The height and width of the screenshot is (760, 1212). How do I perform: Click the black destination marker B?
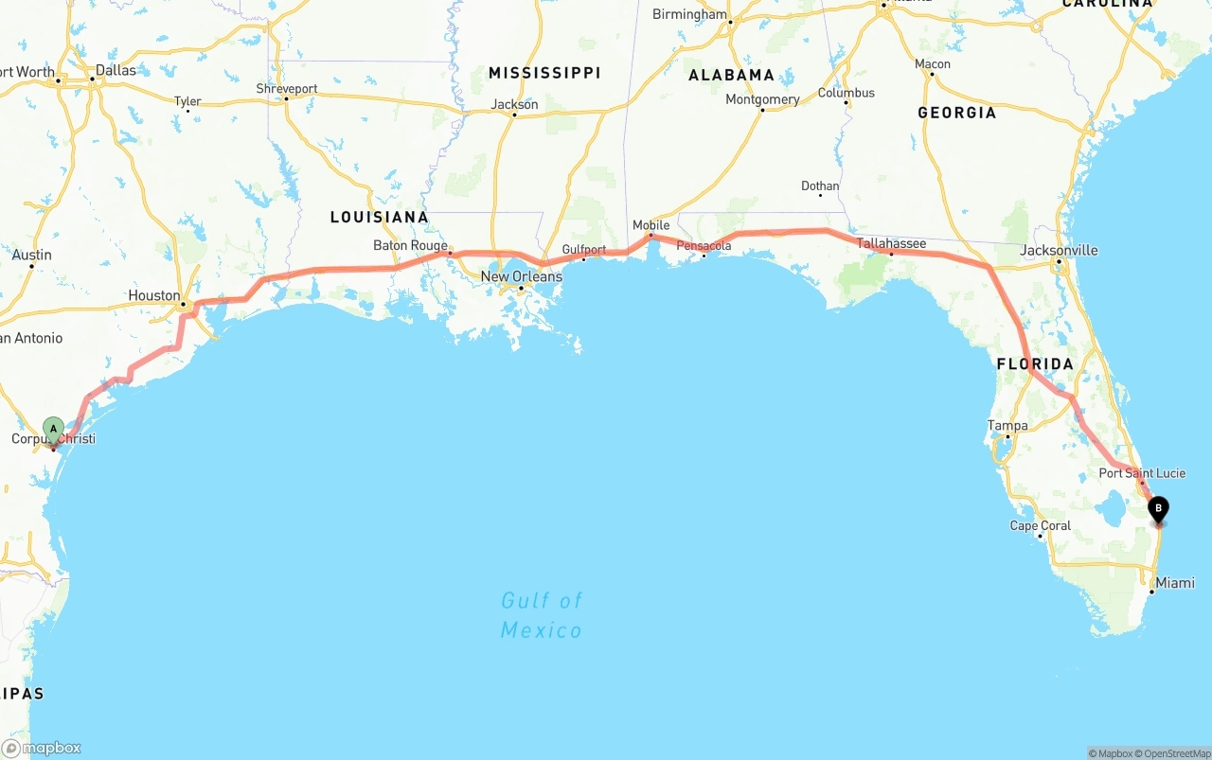pyautogui.click(x=1157, y=508)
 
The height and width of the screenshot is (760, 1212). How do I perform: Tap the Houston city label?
pyautogui.click(x=154, y=295)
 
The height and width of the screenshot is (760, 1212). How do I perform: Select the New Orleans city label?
pyautogui.click(x=521, y=276)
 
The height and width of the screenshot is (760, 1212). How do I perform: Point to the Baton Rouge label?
pyautogui.click(x=410, y=245)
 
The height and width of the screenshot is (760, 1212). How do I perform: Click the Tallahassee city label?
pyautogui.click(x=891, y=243)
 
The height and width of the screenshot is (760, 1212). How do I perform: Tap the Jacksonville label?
pyautogui.click(x=1059, y=250)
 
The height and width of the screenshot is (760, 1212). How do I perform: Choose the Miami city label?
pyautogui.click(x=1175, y=583)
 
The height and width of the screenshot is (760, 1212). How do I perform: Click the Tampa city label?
pyautogui.click(x=1007, y=426)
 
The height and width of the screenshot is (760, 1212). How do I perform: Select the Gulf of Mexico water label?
pyautogui.click(x=542, y=615)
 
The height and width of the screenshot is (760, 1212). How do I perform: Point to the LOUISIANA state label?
pyautogui.click(x=379, y=217)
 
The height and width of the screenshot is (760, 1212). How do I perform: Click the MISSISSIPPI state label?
pyautogui.click(x=544, y=73)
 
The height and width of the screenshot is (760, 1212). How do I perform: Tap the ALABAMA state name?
pyautogui.click(x=731, y=75)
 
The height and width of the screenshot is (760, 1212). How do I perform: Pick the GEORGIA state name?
pyautogui.click(x=956, y=113)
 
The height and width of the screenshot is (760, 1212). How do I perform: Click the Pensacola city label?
pyautogui.click(x=704, y=246)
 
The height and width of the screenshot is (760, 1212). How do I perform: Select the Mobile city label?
pyautogui.click(x=651, y=225)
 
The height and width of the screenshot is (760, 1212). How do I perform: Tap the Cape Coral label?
pyautogui.click(x=1041, y=525)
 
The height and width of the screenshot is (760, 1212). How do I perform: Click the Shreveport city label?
pyautogui.click(x=287, y=89)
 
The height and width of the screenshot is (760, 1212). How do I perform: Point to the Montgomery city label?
pyautogui.click(x=762, y=99)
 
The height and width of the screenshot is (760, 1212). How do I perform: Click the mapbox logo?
pyautogui.click(x=42, y=748)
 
